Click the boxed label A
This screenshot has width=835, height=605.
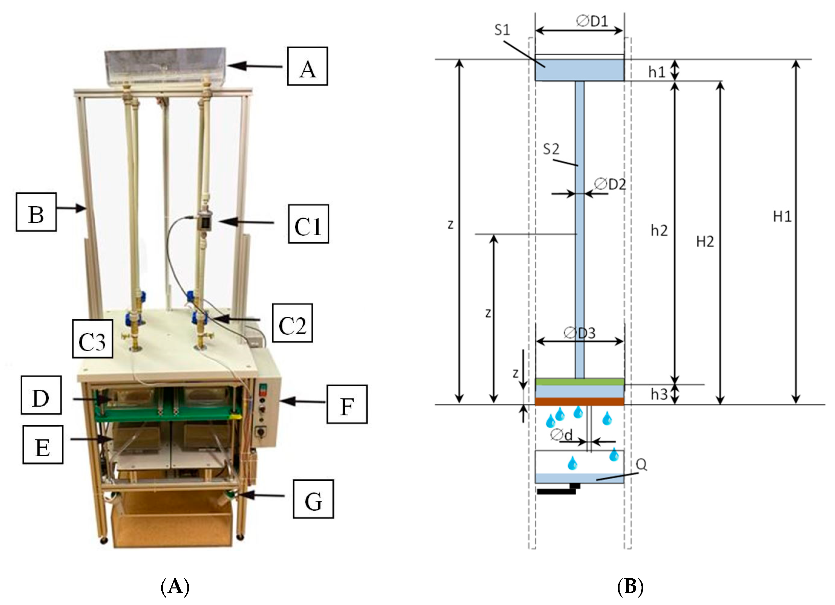click(307, 66)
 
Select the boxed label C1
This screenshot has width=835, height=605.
click(308, 224)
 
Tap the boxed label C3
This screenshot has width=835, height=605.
click(92, 339)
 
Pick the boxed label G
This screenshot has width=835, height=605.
click(313, 500)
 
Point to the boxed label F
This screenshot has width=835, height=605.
click(347, 405)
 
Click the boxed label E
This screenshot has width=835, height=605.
click(43, 444)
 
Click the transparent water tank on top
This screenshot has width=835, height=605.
click(165, 65)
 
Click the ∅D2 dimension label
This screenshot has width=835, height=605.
click(610, 184)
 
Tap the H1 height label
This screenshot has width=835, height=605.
click(782, 216)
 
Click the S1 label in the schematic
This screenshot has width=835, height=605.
click(502, 30)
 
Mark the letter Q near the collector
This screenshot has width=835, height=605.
click(641, 464)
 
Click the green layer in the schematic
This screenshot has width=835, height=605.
click(579, 382)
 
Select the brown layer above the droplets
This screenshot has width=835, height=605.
click(579, 401)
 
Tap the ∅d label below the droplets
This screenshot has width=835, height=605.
click(561, 435)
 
